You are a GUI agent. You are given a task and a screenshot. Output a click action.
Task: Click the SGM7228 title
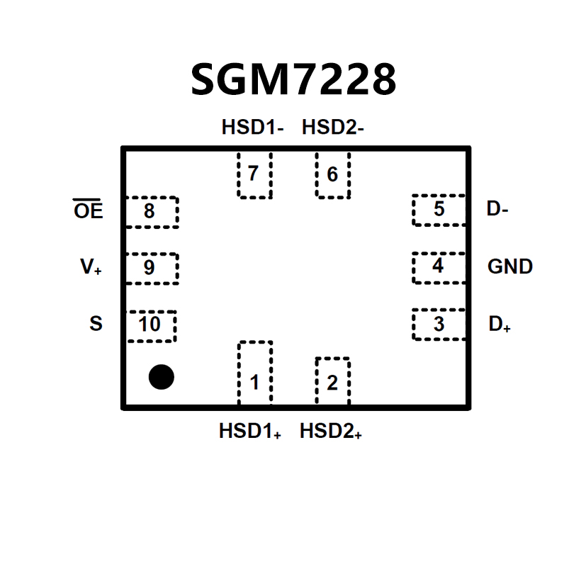click(293, 79)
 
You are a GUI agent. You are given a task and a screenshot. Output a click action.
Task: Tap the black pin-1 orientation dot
click(161, 377)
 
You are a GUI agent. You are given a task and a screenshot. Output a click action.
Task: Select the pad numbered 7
click(254, 174)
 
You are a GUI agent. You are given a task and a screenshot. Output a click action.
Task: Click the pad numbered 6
click(332, 174)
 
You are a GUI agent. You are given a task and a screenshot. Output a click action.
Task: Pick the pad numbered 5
click(439, 210)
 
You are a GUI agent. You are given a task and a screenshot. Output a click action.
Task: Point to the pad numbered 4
click(439, 266)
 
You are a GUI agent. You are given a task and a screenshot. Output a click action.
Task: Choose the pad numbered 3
click(439, 325)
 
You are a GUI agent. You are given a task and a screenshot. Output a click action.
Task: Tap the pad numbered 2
click(332, 382)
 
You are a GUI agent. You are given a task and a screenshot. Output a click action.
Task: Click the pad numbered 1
click(254, 373)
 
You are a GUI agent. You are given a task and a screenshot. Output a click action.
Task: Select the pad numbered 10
click(150, 325)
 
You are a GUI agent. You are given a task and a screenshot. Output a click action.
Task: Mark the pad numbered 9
click(151, 268)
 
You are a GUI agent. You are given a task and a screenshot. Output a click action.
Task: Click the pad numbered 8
click(151, 212)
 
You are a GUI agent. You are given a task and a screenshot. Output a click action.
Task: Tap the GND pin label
click(510, 267)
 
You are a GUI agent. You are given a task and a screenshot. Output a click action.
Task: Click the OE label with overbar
click(89, 210)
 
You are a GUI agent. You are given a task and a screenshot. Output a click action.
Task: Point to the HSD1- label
click(252, 128)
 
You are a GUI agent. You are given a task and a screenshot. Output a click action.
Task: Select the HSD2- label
click(332, 128)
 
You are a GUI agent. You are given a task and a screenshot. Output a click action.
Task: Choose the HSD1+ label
click(250, 432)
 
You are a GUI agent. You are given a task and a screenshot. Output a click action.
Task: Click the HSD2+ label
click(331, 432)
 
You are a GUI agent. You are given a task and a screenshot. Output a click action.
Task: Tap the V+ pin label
click(91, 268)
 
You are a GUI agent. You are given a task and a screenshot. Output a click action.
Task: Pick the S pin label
click(96, 325)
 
